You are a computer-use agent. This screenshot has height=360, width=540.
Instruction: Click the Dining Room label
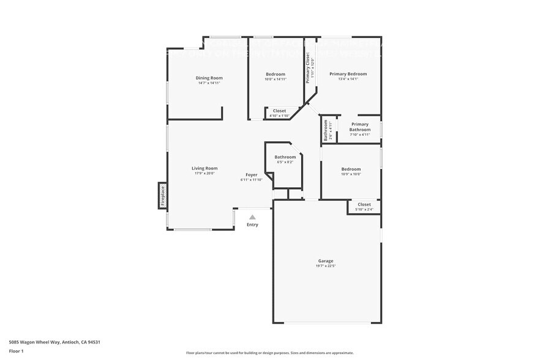pos(209,78)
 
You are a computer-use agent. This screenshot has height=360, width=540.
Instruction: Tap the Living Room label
pos(204,168)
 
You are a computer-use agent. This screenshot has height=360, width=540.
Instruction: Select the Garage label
pos(326,261)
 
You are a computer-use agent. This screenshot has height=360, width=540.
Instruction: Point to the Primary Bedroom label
pos(348,74)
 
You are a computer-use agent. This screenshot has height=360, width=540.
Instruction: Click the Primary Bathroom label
pos(360,127)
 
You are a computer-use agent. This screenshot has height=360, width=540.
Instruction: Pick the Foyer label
pos(252,174)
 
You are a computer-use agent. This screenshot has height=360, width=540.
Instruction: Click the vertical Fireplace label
pos(163,196)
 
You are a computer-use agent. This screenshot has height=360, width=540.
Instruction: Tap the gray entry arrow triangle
pos(252,216)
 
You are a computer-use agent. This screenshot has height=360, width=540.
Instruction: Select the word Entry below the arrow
pos(252,225)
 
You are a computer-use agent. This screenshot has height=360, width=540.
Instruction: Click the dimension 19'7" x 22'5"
pos(326,266)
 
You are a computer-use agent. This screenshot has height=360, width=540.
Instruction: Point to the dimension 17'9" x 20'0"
pos(204,173)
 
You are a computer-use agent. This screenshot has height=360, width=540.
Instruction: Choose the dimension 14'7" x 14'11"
pos(209,83)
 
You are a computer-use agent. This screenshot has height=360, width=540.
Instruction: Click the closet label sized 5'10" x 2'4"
pos(364,204)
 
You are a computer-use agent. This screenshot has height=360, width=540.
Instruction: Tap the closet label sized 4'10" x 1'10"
pos(279,111)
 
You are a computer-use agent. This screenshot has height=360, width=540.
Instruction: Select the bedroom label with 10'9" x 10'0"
pos(351,169)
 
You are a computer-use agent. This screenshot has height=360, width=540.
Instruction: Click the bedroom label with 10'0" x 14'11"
pos(276,74)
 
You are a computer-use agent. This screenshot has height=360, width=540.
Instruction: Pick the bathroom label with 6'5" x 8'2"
pos(285,157)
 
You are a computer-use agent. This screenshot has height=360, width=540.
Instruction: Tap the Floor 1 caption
pos(16,351)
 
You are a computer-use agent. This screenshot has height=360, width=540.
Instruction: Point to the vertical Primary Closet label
pos(308,68)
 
